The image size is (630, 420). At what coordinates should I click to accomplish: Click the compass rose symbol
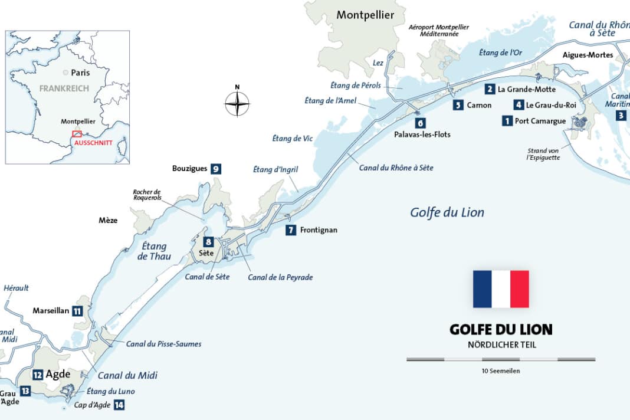point(237,104)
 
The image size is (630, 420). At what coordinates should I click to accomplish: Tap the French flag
point(501,289)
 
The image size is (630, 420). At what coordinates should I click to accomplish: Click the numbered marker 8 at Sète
point(208,242)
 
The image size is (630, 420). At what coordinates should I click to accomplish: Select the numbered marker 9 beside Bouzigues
point(216,169)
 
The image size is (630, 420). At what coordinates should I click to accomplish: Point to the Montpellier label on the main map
point(365,15)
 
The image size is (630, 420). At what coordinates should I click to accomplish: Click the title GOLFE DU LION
point(501,329)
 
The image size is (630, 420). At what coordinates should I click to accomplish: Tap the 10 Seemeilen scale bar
point(501,359)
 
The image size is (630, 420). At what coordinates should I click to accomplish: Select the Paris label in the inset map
point(80,73)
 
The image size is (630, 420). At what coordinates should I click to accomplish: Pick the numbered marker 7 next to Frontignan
point(290,230)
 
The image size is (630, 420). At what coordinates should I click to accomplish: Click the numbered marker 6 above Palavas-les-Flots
point(420,123)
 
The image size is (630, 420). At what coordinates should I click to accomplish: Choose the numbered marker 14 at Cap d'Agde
point(120,405)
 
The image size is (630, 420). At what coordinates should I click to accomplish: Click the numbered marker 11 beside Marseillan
point(77,311)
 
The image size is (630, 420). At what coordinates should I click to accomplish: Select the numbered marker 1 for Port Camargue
point(506,121)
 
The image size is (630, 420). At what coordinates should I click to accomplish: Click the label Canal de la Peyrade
point(280,277)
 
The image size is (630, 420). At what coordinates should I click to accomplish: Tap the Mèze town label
point(108,221)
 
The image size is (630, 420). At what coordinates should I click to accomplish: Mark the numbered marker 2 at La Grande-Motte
point(490,90)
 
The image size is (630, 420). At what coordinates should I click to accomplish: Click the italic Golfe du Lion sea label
point(447,212)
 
